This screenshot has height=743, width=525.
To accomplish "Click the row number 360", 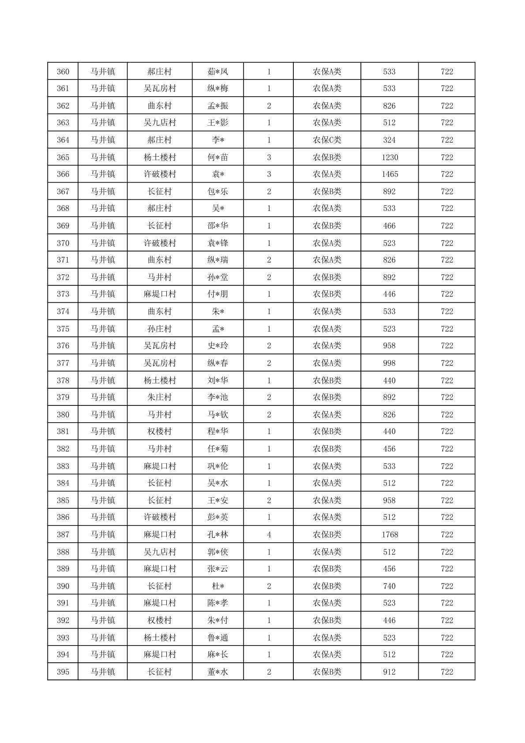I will (x=63, y=71).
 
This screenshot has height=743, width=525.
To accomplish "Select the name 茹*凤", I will (x=218, y=71).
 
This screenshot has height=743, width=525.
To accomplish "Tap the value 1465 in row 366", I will (x=390, y=174).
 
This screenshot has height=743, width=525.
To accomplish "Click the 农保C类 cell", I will (x=327, y=140).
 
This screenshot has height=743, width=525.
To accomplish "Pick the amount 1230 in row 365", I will (x=390, y=158).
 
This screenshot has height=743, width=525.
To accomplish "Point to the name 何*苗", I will (x=218, y=158).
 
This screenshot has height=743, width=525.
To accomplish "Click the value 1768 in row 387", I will (x=390, y=535).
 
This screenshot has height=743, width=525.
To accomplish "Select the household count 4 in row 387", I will (x=269, y=535).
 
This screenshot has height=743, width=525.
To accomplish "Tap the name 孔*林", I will (x=218, y=535).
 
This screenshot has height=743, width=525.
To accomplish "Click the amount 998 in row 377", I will (x=389, y=363).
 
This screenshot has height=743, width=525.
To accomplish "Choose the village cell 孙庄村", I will (x=160, y=329).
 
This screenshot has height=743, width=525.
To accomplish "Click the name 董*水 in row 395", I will (x=218, y=672).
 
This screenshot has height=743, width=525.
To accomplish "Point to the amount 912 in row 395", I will (x=389, y=672).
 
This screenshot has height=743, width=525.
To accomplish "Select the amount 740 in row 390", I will (x=389, y=586).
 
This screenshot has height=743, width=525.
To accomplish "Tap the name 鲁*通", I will (x=218, y=638).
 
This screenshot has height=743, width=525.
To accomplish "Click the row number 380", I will (x=63, y=415).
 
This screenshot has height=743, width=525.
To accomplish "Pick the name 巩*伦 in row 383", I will (x=218, y=466).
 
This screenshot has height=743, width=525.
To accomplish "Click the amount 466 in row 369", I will (x=389, y=226).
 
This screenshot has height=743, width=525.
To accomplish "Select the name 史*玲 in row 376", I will (x=218, y=346).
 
